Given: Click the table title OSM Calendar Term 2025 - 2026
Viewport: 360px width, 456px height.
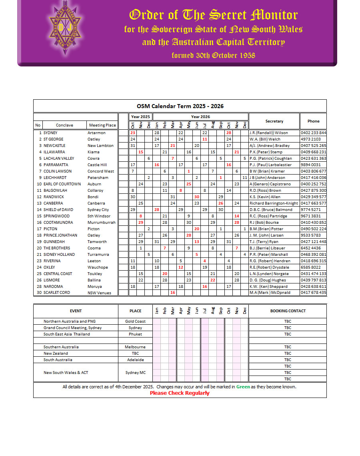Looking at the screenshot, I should point(180,106).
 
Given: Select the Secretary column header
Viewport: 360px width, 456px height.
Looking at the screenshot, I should point(274,121).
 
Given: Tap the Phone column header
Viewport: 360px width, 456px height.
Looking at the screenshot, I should point(313,121).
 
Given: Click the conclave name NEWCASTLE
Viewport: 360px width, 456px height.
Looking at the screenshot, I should point(54,145).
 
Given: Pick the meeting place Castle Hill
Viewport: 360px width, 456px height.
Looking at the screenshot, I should point(97,165).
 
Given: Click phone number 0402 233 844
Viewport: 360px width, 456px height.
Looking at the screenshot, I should point(313,133).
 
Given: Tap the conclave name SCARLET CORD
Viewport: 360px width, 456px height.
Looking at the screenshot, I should point(56,292).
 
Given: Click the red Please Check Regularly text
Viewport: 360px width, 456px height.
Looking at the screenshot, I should point(180,393).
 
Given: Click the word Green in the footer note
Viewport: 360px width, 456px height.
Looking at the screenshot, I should point(243,387).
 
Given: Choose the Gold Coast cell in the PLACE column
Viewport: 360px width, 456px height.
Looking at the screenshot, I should point(135,321).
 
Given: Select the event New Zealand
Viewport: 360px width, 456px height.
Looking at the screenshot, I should point(56,353).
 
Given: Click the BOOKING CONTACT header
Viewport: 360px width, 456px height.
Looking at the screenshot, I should point(288,311).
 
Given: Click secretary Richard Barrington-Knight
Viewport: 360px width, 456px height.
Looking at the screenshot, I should point(274,203).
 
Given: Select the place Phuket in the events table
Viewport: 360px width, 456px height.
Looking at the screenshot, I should point(135,334).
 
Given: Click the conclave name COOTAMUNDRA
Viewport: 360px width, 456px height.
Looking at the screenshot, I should point(59,222).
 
